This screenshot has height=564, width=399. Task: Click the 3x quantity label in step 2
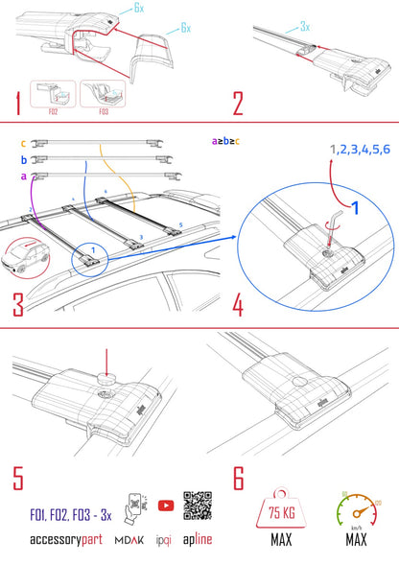pyautogui.click(x=304, y=28)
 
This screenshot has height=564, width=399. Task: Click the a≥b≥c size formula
pyautogui.click(x=227, y=141)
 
